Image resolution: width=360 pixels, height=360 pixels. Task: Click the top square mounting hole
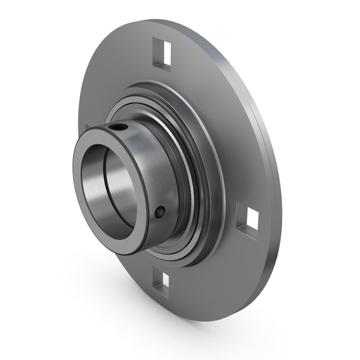point(162,55)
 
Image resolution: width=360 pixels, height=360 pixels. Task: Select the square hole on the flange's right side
point(247,220)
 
